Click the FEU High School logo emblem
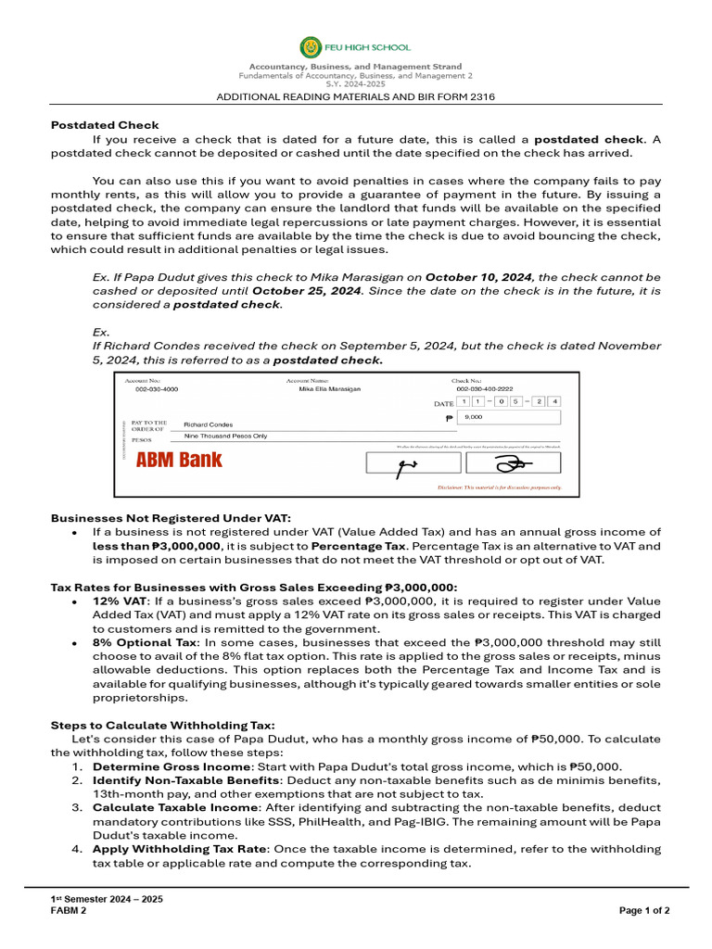[x=311, y=47]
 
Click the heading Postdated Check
[x=105, y=125]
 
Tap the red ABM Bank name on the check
[x=179, y=460]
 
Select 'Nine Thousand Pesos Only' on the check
[x=225, y=436]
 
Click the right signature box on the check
[x=512, y=463]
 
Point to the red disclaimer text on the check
[x=499, y=487]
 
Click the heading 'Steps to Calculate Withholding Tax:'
[x=162, y=725]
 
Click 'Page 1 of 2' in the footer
[x=644, y=910]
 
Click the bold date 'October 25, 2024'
[x=306, y=291]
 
